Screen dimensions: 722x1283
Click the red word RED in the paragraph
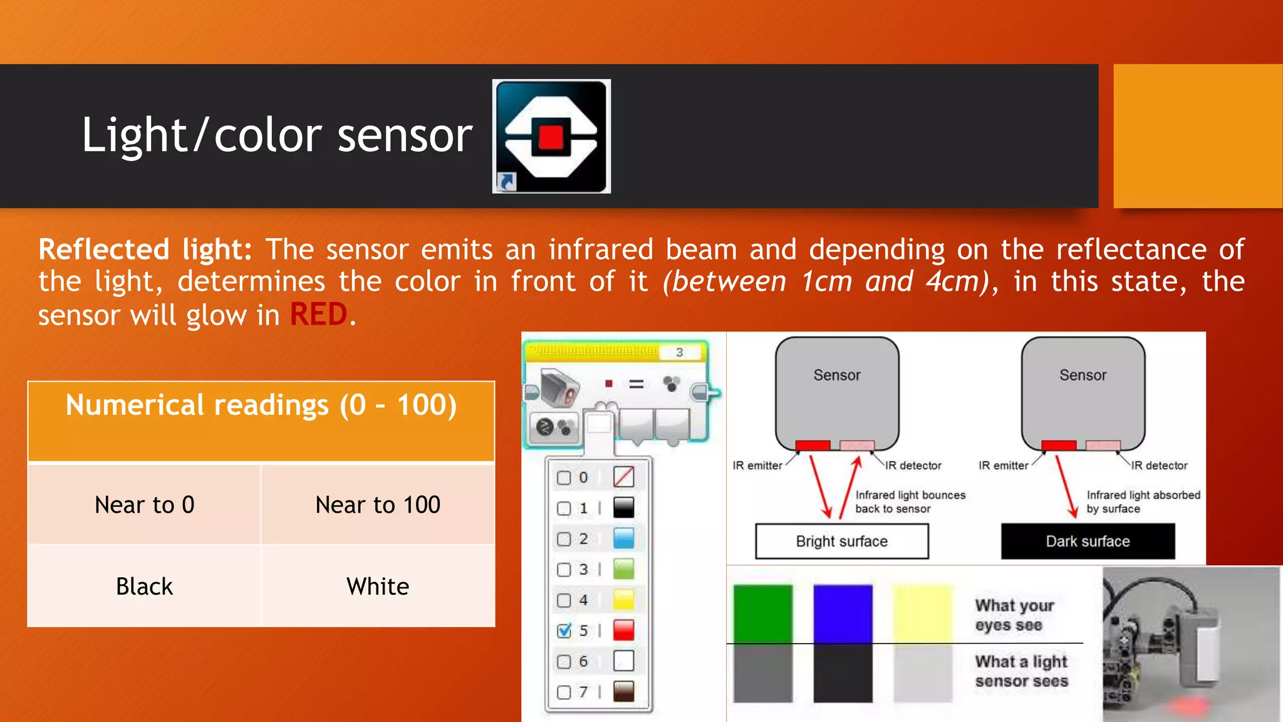tap(318, 315)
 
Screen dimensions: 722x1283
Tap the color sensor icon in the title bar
tap(551, 136)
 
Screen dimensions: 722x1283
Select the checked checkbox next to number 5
tap(564, 630)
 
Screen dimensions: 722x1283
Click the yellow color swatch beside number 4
tap(623, 600)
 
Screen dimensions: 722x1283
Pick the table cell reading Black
tap(144, 587)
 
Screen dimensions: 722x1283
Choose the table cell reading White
tap(378, 587)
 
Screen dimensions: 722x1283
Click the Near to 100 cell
tap(378, 505)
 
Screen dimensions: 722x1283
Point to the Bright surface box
tap(841, 541)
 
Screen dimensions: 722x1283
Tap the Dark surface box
tap(1088, 541)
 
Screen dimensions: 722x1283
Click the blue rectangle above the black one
tap(843, 613)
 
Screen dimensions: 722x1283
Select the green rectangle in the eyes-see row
tap(762, 613)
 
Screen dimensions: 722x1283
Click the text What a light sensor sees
tap(1021, 671)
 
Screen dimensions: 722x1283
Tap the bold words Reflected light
tap(145, 249)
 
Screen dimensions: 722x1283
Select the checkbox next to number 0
tap(564, 478)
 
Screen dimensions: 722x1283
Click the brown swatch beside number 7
tap(623, 691)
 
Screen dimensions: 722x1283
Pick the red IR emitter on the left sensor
tap(813, 446)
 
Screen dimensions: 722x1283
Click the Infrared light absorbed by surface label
tap(1143, 502)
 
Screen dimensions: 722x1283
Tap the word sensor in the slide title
tap(405, 136)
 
